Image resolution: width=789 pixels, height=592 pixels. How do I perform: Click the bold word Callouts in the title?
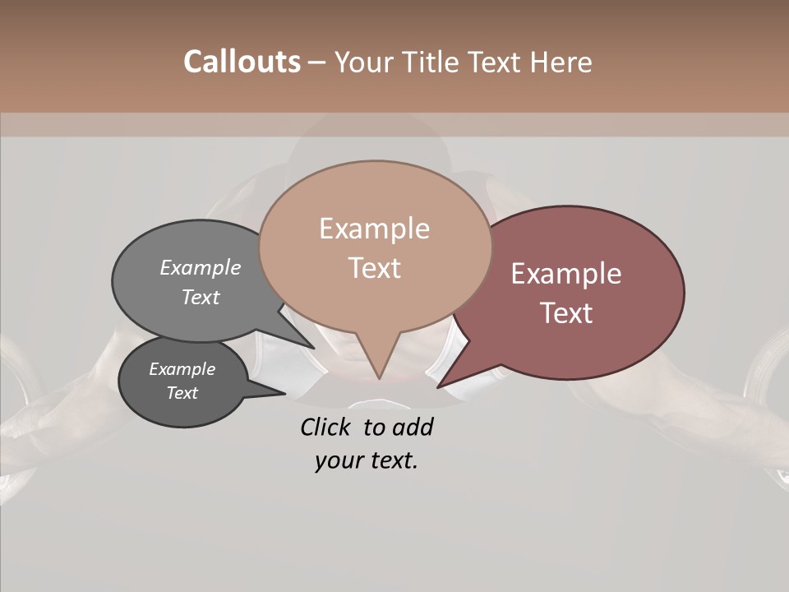tap(242, 62)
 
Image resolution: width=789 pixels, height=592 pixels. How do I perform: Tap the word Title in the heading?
tap(430, 62)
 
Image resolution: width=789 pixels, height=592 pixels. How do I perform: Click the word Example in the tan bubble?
tap(374, 229)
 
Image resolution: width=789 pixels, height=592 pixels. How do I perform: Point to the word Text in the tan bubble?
tap(374, 268)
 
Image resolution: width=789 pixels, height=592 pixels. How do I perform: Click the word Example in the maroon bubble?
tap(566, 274)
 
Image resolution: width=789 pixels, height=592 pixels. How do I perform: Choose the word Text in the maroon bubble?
tap(566, 313)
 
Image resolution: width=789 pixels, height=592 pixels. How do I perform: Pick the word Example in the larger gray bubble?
tap(201, 268)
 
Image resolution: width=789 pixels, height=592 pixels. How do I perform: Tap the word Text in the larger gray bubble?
tap(201, 298)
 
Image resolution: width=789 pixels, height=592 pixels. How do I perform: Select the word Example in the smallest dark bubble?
tap(182, 369)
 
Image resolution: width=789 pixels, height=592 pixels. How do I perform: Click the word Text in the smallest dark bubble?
tap(182, 393)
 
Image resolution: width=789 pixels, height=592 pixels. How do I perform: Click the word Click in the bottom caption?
tap(327, 427)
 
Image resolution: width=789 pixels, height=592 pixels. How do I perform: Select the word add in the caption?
tap(413, 427)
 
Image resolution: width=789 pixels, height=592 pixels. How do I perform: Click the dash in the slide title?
tap(317, 62)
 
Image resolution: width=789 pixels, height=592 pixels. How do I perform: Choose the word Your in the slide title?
tap(362, 62)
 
